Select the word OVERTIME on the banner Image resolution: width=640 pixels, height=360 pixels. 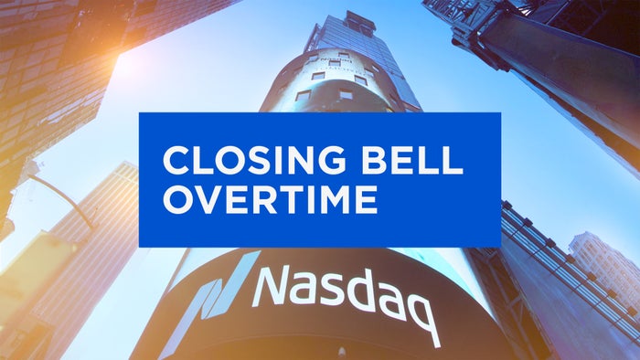pyautogui.click(x=270, y=200)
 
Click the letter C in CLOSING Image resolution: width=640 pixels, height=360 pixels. pyautogui.click(x=175, y=162)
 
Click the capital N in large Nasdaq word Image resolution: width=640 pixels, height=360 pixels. pyautogui.click(x=273, y=285)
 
